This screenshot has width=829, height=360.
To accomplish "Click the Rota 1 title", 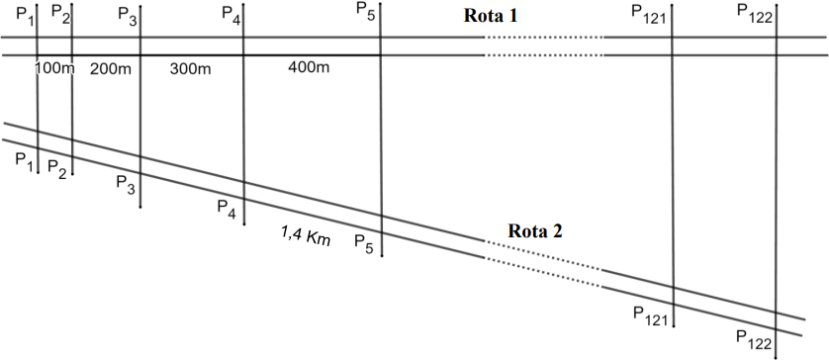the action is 490,16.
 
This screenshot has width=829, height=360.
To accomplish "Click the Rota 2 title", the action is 535,231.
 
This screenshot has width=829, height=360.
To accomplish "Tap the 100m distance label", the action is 55,68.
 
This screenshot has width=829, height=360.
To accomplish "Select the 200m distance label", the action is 111,68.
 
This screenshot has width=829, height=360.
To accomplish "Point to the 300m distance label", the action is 190,68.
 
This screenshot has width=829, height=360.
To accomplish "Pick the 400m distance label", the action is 309,67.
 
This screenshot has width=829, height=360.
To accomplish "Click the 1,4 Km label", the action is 306,234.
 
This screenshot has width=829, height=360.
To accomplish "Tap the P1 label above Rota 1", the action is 25,13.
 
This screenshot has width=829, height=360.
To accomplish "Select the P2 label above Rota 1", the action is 60,13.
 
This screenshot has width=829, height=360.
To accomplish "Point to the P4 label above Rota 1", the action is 231,13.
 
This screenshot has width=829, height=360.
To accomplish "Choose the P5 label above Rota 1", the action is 366,10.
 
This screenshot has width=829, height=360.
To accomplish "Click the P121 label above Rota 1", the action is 650,14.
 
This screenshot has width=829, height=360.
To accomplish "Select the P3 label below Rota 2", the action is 126,184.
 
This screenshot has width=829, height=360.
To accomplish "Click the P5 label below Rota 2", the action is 364,243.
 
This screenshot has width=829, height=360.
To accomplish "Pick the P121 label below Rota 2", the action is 651,315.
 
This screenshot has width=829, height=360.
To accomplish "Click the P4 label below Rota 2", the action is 227,208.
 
